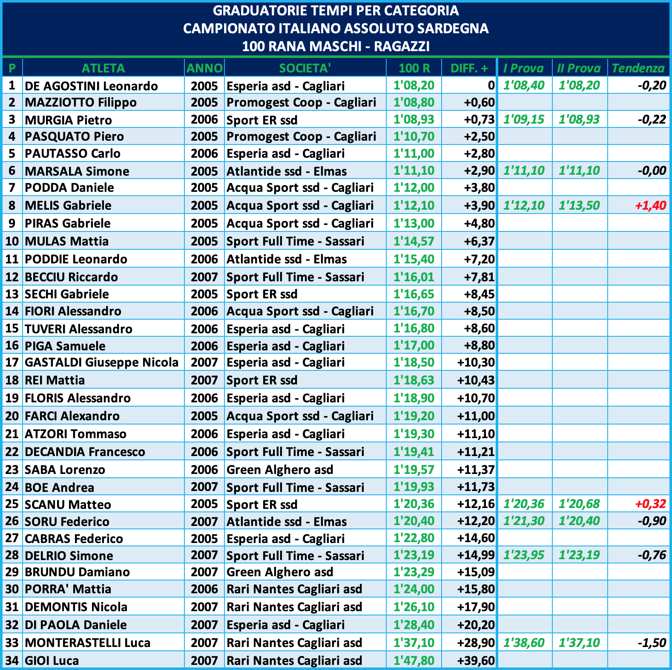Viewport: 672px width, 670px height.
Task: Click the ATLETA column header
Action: click(103, 68)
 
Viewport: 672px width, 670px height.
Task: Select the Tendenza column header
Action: click(638, 68)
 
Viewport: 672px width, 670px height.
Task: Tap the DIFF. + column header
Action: click(469, 68)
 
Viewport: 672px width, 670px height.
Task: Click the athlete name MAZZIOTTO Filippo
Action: click(81, 103)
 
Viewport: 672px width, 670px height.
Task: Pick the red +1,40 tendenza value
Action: click(650, 205)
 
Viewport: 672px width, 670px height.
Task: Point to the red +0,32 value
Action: click(650, 504)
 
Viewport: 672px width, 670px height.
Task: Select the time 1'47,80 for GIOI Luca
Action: click(414, 661)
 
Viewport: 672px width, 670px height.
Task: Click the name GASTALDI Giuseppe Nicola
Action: click(101, 362)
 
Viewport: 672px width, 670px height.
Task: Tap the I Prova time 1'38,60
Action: click(524, 643)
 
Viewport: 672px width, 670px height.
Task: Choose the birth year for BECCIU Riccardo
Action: click(204, 277)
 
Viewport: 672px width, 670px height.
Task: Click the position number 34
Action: click(12, 661)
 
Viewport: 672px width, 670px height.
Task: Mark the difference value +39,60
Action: click(476, 661)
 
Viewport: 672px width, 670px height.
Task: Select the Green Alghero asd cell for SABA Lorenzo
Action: click(280, 470)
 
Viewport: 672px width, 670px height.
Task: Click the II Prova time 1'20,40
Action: click(579, 521)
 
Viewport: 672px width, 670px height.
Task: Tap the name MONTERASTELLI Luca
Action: click(88, 643)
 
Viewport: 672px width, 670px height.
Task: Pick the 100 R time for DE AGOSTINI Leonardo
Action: click(414, 86)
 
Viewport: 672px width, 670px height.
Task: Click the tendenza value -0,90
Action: click(652, 521)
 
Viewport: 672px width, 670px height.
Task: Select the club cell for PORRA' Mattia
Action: click(294, 589)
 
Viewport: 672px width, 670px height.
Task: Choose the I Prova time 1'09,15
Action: click(524, 119)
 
